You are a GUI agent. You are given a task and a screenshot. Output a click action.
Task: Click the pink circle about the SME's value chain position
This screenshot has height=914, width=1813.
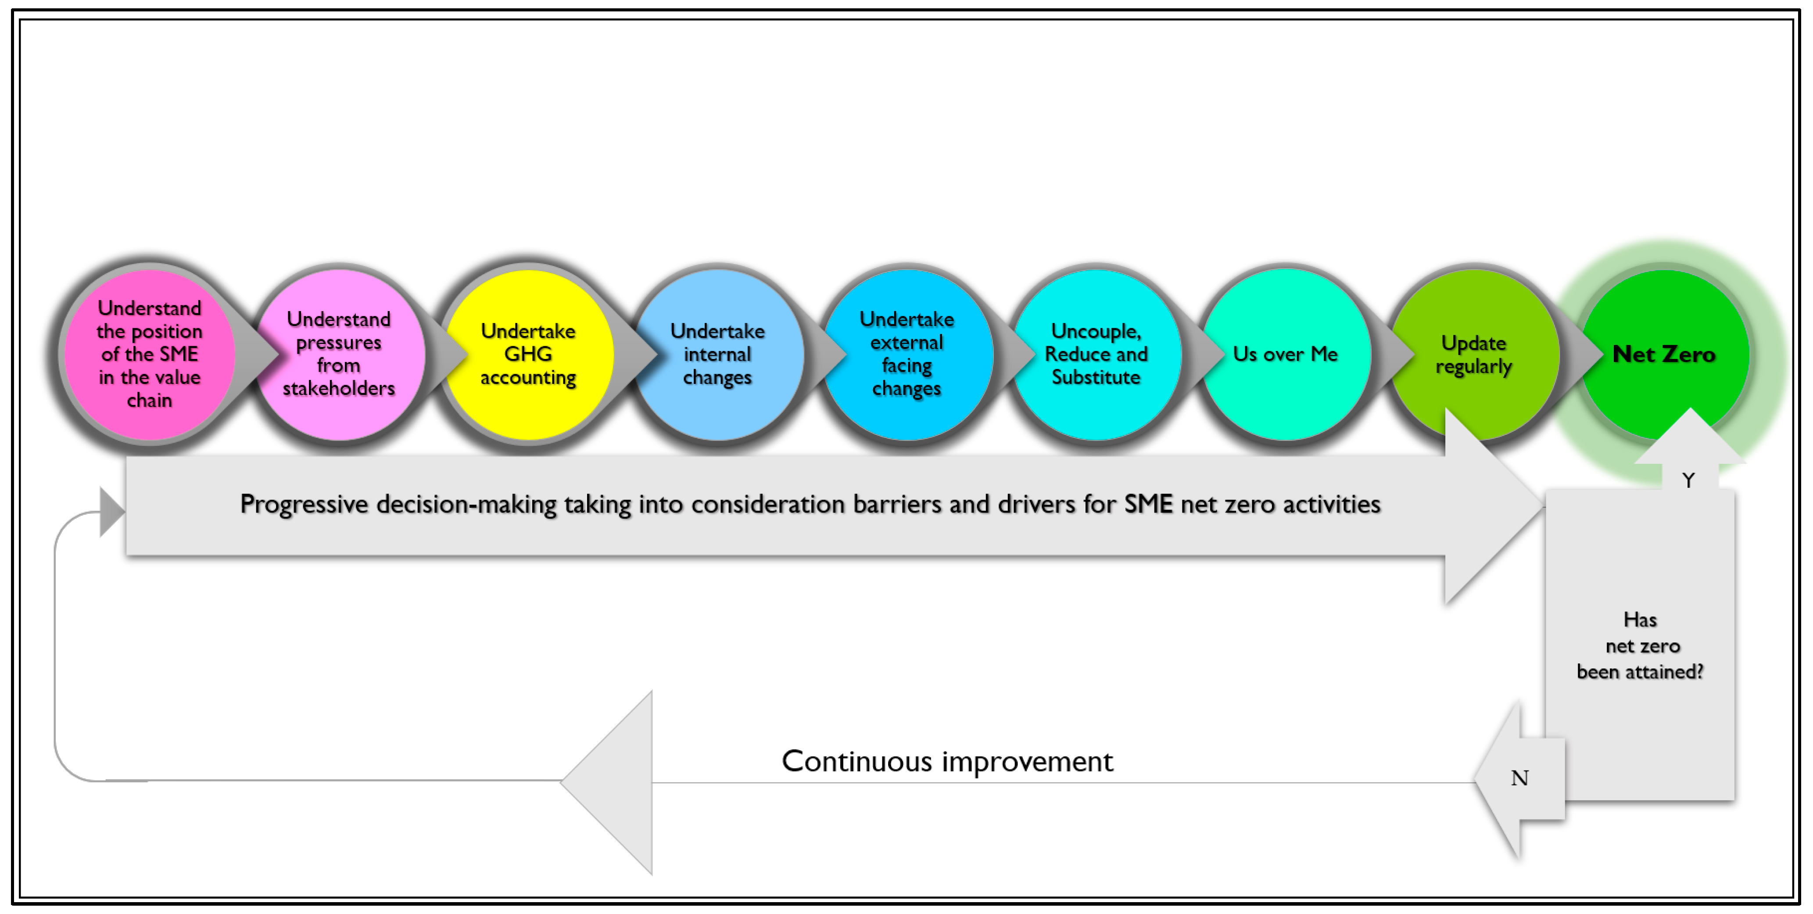pos(149,354)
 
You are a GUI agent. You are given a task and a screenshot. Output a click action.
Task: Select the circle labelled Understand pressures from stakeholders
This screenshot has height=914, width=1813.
pos(339,354)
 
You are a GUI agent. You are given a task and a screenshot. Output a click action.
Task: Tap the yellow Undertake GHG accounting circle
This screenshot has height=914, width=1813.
pos(528,354)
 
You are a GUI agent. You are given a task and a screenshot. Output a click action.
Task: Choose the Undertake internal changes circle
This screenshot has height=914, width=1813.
pos(717,354)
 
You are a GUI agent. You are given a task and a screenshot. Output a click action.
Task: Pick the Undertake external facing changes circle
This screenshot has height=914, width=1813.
pos(906,354)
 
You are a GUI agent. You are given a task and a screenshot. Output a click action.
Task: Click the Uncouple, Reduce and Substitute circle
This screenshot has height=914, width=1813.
pos(1096,354)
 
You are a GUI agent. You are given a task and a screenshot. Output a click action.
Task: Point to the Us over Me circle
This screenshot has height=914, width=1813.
pos(1285,354)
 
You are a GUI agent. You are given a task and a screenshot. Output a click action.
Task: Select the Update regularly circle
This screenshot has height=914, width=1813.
pos(1474,354)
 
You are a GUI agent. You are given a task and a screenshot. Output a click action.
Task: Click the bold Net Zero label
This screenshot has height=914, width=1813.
pos(1664,354)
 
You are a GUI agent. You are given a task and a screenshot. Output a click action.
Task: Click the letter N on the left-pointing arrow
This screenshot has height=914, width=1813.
pos(1519,778)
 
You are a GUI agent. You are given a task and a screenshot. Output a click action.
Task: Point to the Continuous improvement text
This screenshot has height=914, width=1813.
pos(947,761)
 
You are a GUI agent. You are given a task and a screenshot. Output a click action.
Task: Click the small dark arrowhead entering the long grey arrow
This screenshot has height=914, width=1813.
pos(111,512)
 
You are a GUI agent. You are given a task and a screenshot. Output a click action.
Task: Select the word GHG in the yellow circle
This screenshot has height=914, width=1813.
pos(528,354)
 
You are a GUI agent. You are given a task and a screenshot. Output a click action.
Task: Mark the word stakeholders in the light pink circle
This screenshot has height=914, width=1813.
pos(339,388)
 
